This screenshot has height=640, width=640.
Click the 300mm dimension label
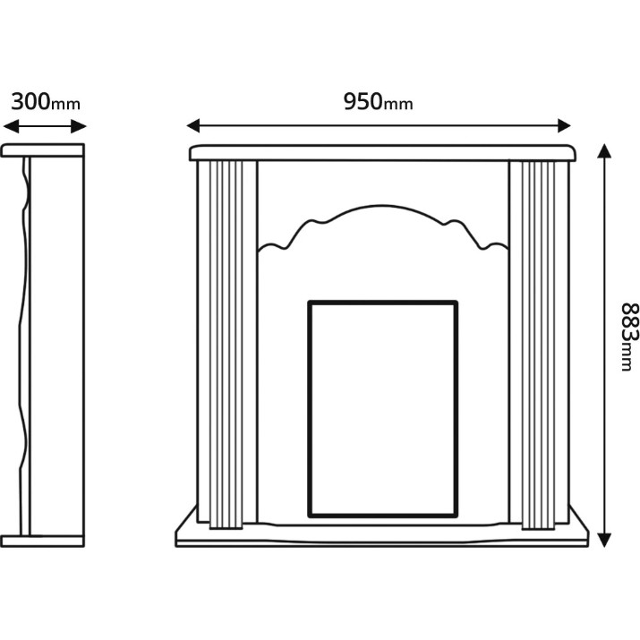pos(46,102)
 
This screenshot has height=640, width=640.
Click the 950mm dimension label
pos(378,102)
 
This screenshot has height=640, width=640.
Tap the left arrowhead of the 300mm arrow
pos(11,126)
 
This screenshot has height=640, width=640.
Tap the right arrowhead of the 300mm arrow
pos(79,126)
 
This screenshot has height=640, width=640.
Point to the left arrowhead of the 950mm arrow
pos(193,125)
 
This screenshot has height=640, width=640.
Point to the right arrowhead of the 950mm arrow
pos(564,125)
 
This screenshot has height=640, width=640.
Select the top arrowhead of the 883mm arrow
pos(604,151)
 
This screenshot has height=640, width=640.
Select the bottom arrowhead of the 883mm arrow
pos(604,540)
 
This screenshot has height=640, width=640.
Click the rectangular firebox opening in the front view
pos(382,409)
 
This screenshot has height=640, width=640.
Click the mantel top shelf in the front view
pos(382,153)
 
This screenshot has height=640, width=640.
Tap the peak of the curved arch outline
pos(382,205)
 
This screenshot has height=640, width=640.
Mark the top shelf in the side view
pos(42,150)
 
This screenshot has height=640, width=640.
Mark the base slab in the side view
pos(42,541)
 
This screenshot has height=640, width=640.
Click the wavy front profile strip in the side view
pos(24,346)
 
